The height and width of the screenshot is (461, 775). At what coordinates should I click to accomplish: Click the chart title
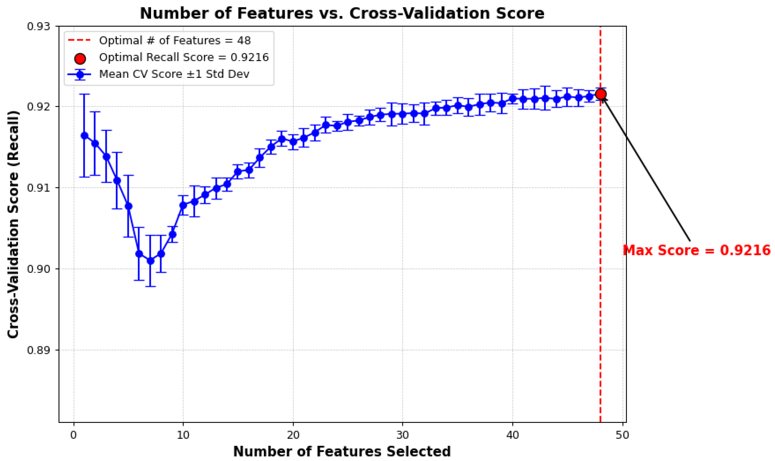(x=342, y=14)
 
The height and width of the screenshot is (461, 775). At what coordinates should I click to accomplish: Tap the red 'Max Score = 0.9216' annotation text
(x=697, y=250)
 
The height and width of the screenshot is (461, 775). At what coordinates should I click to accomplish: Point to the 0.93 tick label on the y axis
(x=39, y=26)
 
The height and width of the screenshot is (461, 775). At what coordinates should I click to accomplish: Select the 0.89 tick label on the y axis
(x=39, y=350)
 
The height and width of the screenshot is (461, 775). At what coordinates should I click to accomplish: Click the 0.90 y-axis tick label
(x=39, y=269)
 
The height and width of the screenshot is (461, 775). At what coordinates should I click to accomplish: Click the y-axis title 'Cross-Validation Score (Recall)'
(x=13, y=224)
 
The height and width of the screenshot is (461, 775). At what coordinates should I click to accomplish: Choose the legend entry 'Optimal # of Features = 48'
(x=175, y=40)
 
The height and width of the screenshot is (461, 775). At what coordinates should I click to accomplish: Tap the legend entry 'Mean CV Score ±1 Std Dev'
(x=174, y=74)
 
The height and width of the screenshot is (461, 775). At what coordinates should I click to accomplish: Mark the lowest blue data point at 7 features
(x=150, y=261)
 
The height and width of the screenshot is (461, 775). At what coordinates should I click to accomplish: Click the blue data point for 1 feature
(x=84, y=136)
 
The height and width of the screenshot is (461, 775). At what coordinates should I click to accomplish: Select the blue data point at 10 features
(x=183, y=205)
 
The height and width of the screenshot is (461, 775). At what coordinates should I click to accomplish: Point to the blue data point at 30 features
(x=402, y=114)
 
